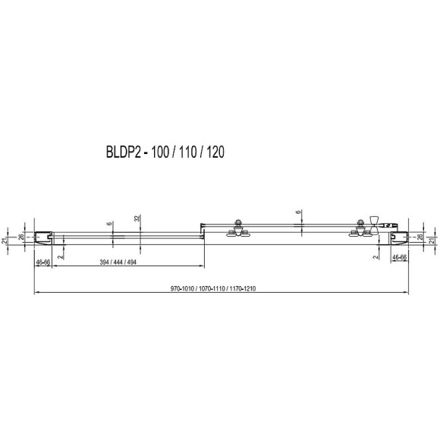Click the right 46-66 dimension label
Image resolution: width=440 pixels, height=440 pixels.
[399, 258]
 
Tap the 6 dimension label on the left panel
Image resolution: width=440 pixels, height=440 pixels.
[109, 225]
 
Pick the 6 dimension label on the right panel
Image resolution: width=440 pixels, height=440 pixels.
[299, 215]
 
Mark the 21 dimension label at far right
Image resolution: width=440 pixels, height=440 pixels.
[432, 240]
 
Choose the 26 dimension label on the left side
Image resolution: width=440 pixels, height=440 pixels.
[21, 237]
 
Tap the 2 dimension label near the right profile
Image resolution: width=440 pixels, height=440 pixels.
[376, 257]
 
